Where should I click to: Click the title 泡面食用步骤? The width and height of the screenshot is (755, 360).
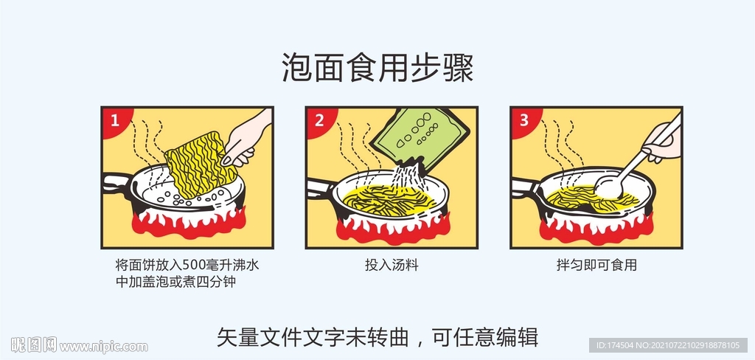[377, 68]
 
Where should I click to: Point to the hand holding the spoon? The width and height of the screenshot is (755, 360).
[661, 142]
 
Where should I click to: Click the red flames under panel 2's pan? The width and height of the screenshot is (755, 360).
[391, 226]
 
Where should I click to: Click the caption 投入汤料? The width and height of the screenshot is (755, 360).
[392, 265]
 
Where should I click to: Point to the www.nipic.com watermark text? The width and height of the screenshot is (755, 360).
[103, 346]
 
